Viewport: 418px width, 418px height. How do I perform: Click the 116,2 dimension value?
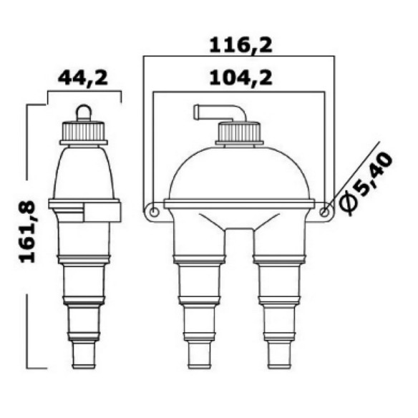pyautogui.click(x=240, y=46)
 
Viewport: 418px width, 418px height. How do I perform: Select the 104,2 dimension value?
pyautogui.click(x=240, y=78)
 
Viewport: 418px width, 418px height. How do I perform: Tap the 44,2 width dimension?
pyautogui.click(x=83, y=78)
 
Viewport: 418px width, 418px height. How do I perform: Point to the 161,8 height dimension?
pyautogui.click(x=28, y=231)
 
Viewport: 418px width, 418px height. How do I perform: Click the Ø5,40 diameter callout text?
pyautogui.click(x=367, y=183)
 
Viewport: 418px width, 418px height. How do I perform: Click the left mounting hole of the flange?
pyautogui.click(x=155, y=213)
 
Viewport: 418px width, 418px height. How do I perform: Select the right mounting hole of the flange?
pyautogui.click(x=324, y=213)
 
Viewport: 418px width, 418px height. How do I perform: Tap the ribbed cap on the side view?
pyautogui.click(x=84, y=132)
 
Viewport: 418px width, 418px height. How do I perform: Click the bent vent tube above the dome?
pyautogui.click(x=219, y=111)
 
